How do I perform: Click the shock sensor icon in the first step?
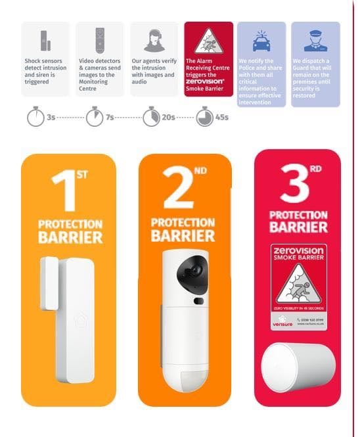45,40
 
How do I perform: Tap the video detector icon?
100,39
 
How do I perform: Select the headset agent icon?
154,40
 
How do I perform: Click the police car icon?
261,41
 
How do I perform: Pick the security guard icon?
315,41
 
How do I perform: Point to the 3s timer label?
51,118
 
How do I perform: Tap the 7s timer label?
110,118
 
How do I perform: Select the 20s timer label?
168,118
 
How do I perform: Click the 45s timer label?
222,118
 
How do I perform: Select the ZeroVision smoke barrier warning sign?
299,287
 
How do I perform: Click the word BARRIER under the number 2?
183,236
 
